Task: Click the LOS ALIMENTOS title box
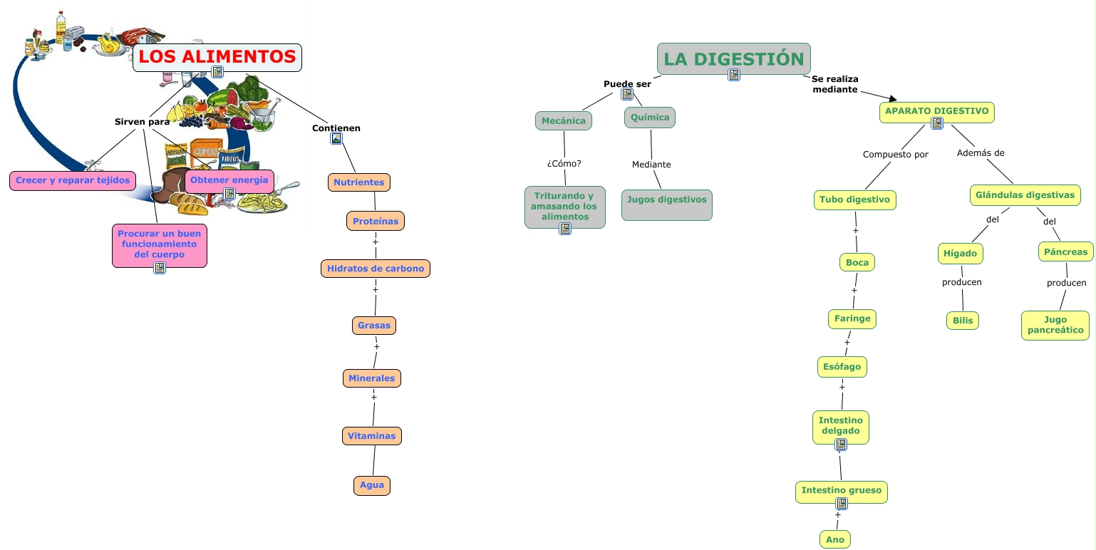(217, 57)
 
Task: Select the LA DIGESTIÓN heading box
(733, 58)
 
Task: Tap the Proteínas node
(376, 221)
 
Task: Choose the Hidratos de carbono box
(376, 269)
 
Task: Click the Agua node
(372, 485)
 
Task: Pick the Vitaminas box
(372, 435)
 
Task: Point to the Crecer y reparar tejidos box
(73, 180)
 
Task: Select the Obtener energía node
(229, 180)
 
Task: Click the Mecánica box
(563, 120)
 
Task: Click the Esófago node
(842, 367)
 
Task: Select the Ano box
(835, 539)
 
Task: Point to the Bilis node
(962, 321)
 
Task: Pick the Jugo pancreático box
(1055, 325)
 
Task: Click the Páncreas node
(1065, 251)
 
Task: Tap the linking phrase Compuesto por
(895, 155)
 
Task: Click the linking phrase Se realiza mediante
(834, 84)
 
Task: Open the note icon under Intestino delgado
(841, 445)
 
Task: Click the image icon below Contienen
(336, 139)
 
